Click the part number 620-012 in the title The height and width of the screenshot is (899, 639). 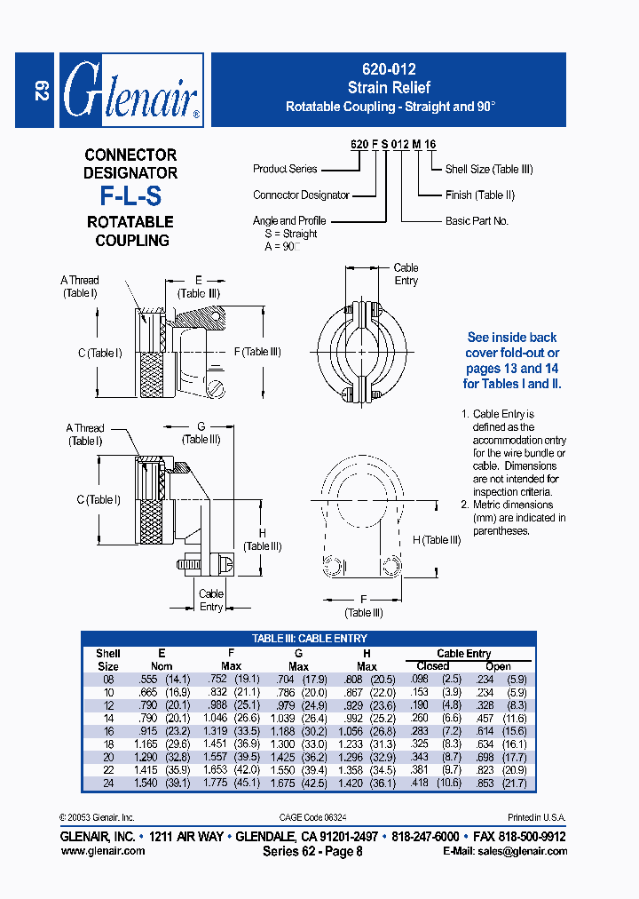point(389,68)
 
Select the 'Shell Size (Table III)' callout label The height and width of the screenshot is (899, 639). point(489,169)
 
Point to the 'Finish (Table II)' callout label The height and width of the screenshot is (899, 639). point(479,195)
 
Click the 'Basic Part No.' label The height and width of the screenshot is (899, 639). point(477,220)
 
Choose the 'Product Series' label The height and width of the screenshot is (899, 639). point(284,169)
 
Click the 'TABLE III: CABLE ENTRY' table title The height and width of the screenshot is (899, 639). point(309,639)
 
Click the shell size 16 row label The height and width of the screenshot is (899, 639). point(108,731)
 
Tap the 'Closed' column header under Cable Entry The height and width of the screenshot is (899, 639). point(432,665)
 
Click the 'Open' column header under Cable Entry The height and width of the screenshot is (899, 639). point(498,666)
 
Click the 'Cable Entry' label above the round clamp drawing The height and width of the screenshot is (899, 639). point(406,274)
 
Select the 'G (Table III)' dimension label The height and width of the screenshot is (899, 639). point(201,433)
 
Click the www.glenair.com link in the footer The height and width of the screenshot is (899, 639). point(102,851)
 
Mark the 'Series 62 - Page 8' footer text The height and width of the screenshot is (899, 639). point(312,851)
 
